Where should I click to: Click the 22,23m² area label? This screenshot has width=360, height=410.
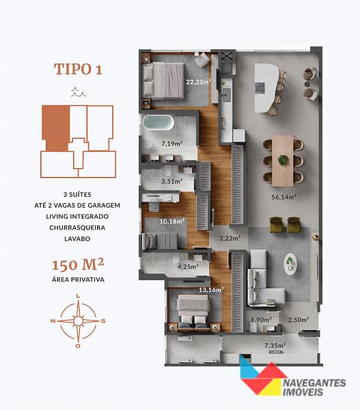198,82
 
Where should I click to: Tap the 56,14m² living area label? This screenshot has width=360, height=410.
283,197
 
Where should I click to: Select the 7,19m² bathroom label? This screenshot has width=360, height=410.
171,143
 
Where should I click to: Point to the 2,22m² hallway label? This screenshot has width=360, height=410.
230,238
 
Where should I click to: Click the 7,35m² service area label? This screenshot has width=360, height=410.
275,345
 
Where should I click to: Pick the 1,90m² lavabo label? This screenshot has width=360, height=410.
261,320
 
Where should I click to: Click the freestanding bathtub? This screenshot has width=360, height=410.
158,122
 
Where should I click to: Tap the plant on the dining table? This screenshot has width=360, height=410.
283,160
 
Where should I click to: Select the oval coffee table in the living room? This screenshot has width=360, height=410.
290,264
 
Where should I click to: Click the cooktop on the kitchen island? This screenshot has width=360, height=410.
260,88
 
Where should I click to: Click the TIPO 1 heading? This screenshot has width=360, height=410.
78,69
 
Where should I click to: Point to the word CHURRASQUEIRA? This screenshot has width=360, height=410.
77,228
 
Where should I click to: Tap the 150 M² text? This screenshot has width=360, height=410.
78,264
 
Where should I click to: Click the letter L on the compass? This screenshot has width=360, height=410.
78,296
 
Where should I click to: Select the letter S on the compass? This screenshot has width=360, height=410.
103,321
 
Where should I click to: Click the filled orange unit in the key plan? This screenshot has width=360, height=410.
56,128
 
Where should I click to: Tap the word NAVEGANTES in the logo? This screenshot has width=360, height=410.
315,383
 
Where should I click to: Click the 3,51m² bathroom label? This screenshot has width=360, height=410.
171,181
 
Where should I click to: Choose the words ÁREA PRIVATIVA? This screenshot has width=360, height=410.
78,279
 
